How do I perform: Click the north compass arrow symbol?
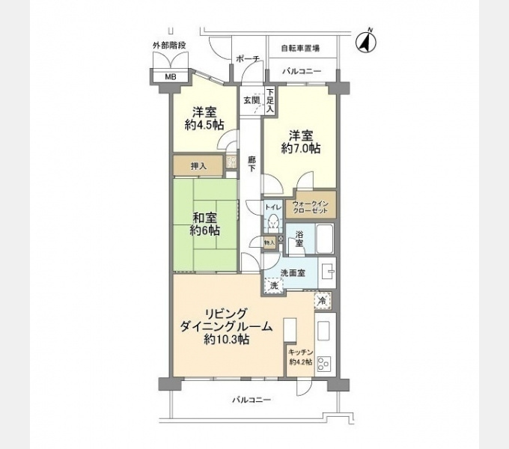(x=366, y=42)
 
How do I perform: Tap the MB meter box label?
(x=171, y=77)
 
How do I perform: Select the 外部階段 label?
(x=169, y=46)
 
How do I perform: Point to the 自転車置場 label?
(x=300, y=49)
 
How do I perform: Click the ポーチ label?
(x=248, y=59)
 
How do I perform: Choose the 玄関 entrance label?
(x=252, y=100)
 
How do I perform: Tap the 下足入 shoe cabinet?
(x=270, y=101)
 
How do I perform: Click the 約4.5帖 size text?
(x=204, y=125)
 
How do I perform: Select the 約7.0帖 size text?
(x=301, y=148)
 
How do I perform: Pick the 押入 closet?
(x=198, y=166)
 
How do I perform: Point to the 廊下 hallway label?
(x=252, y=164)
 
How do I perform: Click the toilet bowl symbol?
(x=272, y=222)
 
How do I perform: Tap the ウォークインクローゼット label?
(x=311, y=207)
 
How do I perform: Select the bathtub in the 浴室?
(x=325, y=239)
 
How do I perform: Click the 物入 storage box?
(x=269, y=242)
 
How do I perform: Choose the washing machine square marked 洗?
(x=275, y=286)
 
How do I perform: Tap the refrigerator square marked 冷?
(x=323, y=300)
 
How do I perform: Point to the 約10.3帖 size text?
(x=226, y=339)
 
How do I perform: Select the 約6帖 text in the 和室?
(x=204, y=230)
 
